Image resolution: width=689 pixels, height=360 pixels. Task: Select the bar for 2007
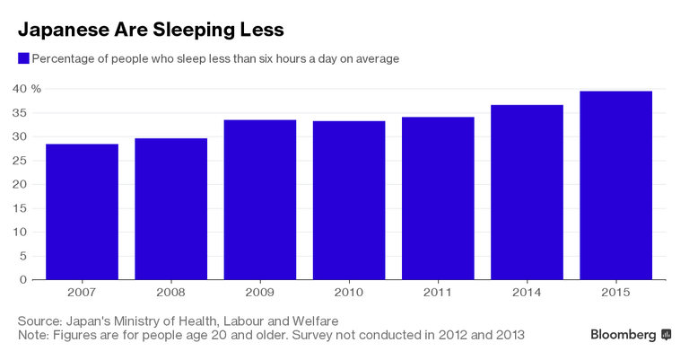[x=82, y=212]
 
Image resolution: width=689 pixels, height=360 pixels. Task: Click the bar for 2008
[x=170, y=209]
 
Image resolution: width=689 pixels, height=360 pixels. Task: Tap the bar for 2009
[x=260, y=200]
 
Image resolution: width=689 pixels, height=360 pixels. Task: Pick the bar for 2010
[x=349, y=200]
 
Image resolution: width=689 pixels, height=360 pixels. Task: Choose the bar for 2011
[x=438, y=198]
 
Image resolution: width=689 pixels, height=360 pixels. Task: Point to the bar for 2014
[x=528, y=192]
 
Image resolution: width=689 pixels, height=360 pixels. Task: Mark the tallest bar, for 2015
[x=616, y=185]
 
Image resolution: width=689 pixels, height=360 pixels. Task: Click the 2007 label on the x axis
[x=82, y=293]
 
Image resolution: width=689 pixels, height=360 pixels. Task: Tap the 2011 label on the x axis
[x=438, y=293]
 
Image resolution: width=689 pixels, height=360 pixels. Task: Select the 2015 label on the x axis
[x=616, y=293]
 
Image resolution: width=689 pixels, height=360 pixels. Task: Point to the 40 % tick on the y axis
[x=26, y=89]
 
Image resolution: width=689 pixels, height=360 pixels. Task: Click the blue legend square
[x=23, y=58]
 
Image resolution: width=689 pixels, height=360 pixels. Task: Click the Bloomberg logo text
[x=624, y=335]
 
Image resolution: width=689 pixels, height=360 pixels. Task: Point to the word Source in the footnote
[x=38, y=320]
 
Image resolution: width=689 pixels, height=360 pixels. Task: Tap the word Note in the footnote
[x=32, y=335]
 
